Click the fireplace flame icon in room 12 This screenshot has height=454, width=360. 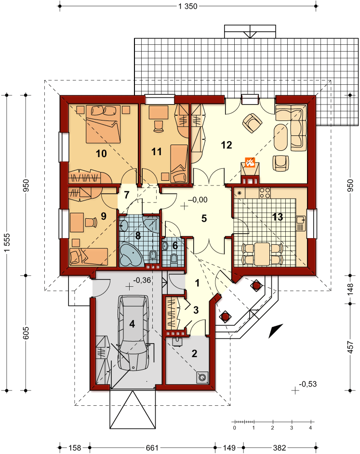click(250, 162)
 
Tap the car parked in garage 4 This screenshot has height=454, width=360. click(133, 333)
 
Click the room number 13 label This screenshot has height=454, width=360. click(277, 216)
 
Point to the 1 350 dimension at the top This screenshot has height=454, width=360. click(188, 6)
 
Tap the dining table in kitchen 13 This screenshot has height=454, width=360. click(262, 254)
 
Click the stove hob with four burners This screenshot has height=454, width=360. click(265, 193)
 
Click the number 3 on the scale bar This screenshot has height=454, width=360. click(292, 427)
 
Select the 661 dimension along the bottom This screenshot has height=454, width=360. click(152, 448)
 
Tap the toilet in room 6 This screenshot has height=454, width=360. click(174, 258)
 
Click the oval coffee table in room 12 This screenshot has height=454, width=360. click(280, 137)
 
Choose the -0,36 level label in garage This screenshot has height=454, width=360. click(142, 280)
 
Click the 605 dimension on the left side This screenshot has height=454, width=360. click(26, 333)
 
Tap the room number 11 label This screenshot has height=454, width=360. click(157, 151)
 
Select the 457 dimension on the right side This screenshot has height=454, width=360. click(350, 347)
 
